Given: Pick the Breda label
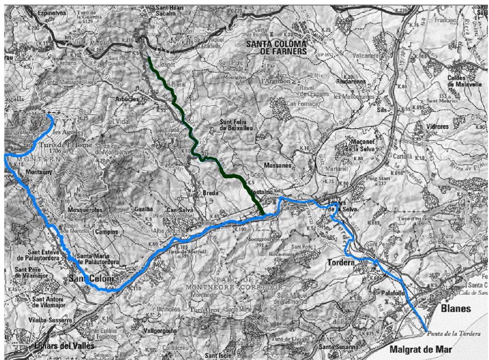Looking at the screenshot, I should [212, 193].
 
